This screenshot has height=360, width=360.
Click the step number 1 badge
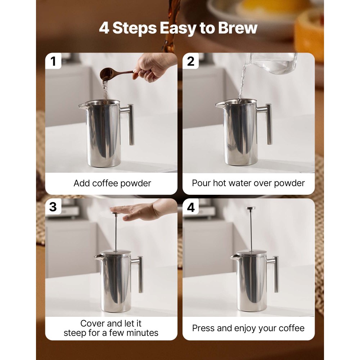53,62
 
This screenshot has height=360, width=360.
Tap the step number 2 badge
191,62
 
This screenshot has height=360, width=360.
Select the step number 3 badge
53,207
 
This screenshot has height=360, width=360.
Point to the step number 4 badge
191,207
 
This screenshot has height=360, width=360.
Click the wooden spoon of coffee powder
110,73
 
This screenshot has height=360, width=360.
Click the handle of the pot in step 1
130,124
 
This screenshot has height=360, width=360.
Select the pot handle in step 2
268,124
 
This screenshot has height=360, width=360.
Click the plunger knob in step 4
251,208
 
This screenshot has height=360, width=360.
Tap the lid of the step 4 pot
252,253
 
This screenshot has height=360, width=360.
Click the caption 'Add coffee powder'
112,183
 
